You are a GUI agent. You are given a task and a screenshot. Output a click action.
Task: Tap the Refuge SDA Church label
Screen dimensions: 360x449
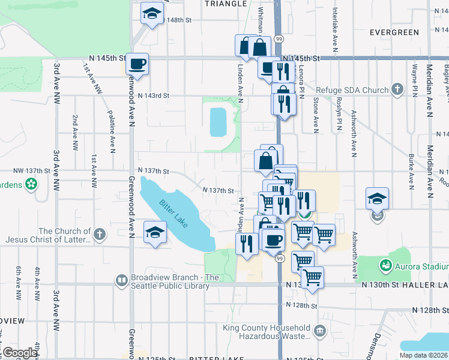352,91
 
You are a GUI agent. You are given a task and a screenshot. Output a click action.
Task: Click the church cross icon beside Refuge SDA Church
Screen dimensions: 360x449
396,91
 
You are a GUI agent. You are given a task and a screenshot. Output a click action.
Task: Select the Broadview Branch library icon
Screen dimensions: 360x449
122,280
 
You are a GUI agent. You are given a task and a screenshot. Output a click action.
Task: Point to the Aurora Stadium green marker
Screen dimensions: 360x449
385,265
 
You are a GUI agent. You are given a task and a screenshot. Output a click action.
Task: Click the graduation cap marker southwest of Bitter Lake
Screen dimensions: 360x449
155,232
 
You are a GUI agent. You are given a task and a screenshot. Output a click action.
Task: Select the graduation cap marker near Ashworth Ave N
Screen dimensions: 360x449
377,198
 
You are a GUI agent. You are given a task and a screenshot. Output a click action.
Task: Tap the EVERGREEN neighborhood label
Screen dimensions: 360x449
394,32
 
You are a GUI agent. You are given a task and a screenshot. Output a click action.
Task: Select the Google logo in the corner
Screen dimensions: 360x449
20,353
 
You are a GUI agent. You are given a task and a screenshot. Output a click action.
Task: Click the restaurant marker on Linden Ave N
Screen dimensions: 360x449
247,244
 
